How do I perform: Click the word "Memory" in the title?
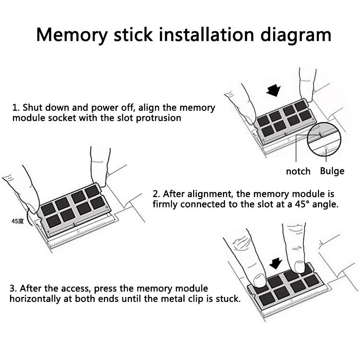(x=72, y=35)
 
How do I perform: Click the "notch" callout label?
(x=298, y=171)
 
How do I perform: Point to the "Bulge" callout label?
(x=332, y=171)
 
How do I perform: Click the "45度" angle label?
(x=18, y=221)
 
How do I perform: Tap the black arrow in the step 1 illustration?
(x=274, y=90)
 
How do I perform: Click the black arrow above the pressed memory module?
(x=275, y=263)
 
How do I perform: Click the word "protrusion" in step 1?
(x=158, y=118)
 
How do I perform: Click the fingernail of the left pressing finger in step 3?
(x=260, y=280)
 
